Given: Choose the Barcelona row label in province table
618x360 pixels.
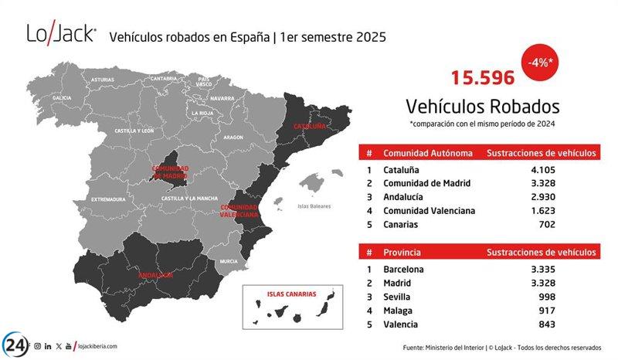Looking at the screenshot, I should pyautogui.click(x=403, y=269).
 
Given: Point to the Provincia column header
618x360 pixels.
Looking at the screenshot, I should pyautogui.click(x=403, y=252).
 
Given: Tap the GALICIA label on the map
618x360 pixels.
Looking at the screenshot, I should pyautogui.click(x=62, y=99).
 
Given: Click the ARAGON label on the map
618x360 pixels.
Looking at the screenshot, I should pyautogui.click(x=233, y=137).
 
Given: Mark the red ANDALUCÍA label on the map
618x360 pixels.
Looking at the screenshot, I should pyautogui.click(x=152, y=274).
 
